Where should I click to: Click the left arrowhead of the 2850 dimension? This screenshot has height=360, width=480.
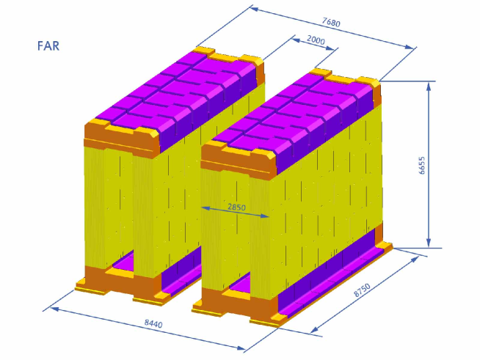pos(205,208)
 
